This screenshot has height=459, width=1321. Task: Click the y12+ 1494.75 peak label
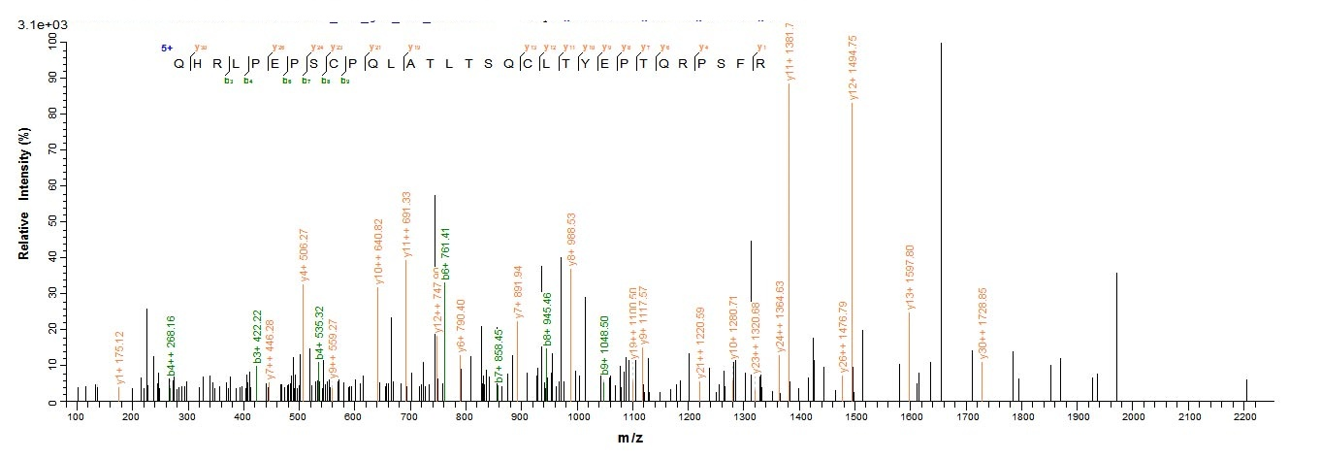(853, 68)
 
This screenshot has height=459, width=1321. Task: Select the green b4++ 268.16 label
(172, 345)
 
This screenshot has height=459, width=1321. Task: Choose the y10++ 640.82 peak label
(378, 252)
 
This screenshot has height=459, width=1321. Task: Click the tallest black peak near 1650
(941, 223)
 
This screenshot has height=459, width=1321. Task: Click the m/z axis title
(630, 439)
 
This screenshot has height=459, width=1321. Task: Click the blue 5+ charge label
(167, 47)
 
